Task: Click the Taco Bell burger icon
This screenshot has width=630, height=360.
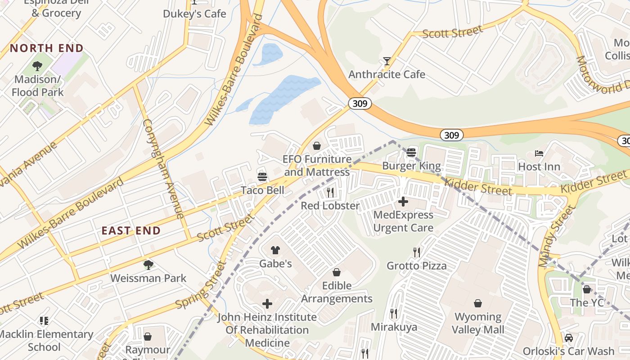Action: (x=262, y=177)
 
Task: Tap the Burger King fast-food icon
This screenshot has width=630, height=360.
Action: (x=411, y=153)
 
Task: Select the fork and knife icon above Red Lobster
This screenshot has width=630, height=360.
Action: (x=330, y=193)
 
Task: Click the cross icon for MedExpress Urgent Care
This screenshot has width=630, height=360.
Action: (x=403, y=202)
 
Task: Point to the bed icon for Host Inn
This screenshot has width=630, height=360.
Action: (x=539, y=153)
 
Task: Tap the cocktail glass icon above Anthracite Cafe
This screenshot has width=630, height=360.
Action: (x=387, y=61)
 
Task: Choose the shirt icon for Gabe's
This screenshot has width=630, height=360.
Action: (x=275, y=250)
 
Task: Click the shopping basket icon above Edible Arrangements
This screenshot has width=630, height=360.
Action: (x=337, y=272)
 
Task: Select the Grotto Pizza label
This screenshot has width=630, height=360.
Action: (x=417, y=265)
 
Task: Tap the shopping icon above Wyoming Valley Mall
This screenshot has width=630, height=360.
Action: (x=478, y=304)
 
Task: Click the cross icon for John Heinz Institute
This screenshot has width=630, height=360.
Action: (x=267, y=304)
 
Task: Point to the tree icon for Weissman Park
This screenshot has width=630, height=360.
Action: (x=148, y=265)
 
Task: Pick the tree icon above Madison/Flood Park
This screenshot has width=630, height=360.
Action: (x=37, y=66)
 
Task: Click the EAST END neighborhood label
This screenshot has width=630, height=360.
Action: (x=131, y=231)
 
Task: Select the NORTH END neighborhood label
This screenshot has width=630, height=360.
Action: (x=47, y=48)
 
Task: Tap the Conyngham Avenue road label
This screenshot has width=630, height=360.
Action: (x=163, y=169)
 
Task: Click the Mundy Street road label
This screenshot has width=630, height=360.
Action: (x=556, y=235)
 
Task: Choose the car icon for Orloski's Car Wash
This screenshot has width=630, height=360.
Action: (x=569, y=338)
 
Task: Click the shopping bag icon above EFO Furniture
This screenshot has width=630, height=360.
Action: (x=317, y=146)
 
